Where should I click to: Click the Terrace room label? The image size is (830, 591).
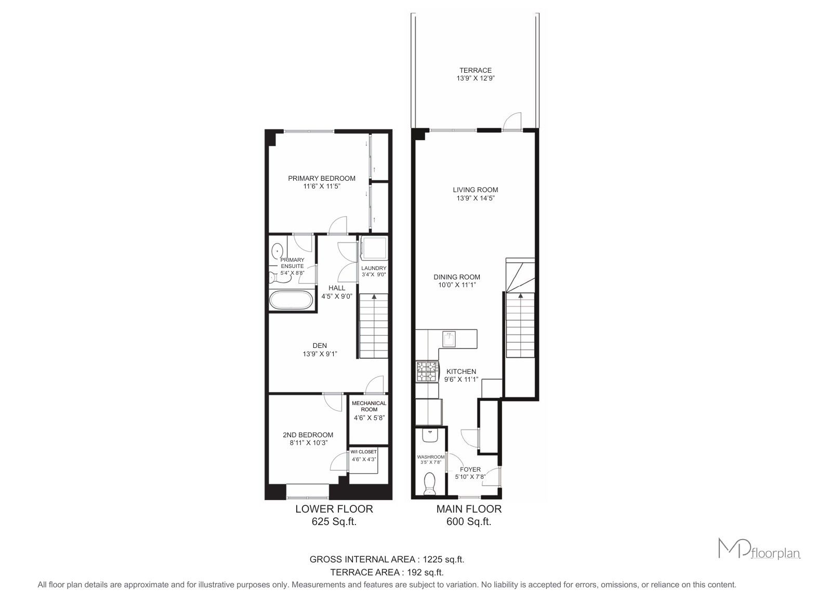pos(476,70)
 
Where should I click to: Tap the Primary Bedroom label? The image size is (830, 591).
pos(322,179)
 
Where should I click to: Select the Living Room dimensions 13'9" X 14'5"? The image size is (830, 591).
pos(476,198)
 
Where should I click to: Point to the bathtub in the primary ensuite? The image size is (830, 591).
pos(291,300)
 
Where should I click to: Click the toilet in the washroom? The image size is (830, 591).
pos(430,483)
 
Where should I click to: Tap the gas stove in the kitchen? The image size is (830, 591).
pos(427,372)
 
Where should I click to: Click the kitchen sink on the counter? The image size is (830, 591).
pos(449,339)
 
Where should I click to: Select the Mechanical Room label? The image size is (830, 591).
pos(369,406)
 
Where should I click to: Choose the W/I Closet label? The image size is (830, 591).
pos(363,452)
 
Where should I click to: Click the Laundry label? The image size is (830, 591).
pos(374,268)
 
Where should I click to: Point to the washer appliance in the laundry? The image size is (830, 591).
pos(374,249)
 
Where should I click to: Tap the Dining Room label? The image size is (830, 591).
pos(457,277)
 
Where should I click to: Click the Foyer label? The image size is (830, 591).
pos(470,469)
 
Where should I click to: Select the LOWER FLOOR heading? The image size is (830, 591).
pos(334,509)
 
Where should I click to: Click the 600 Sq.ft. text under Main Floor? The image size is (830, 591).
pos(469,522)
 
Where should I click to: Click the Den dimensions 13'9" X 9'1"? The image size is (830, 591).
pos(320,354)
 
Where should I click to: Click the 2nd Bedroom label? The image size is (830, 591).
pos(308,435)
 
